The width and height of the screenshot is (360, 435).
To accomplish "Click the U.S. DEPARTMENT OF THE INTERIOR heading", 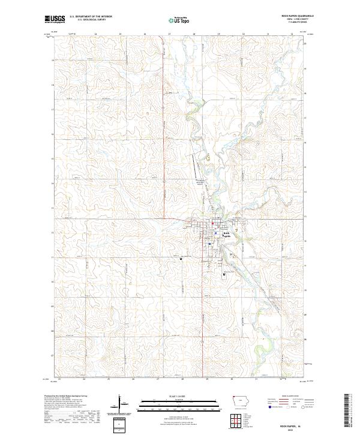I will coord(91,17).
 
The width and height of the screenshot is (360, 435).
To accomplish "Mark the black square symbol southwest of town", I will coord(181,259).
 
